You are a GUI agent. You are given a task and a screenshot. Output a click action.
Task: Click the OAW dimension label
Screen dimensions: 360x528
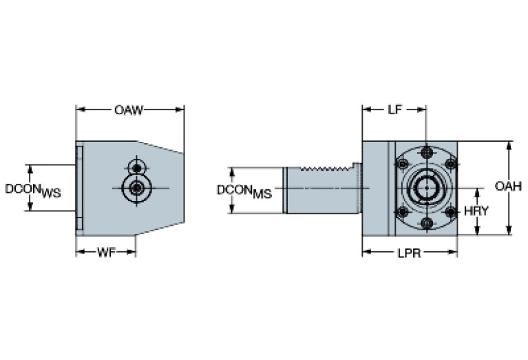click(129, 109)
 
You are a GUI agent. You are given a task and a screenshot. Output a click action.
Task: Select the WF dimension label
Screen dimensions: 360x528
click(105, 252)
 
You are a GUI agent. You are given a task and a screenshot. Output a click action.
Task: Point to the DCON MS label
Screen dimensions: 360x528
click(244, 190)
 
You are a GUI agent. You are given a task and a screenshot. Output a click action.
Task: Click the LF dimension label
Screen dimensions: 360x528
click(394, 109)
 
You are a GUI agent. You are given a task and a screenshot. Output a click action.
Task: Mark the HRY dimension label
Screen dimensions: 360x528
click(476, 211)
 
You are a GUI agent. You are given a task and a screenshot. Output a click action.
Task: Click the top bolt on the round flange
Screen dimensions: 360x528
click(427, 151)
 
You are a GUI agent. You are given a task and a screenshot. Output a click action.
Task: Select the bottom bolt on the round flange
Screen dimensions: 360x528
click(427, 223)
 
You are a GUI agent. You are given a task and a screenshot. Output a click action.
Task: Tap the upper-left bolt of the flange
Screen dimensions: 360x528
click(401, 164)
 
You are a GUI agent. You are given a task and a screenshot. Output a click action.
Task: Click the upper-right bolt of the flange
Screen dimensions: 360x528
click(451, 164)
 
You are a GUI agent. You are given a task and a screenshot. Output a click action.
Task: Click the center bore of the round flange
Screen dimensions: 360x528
click(426, 187)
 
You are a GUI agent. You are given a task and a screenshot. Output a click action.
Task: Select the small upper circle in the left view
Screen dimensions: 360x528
click(138, 167)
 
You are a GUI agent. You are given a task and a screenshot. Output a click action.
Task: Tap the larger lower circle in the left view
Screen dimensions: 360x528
click(138, 187)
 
